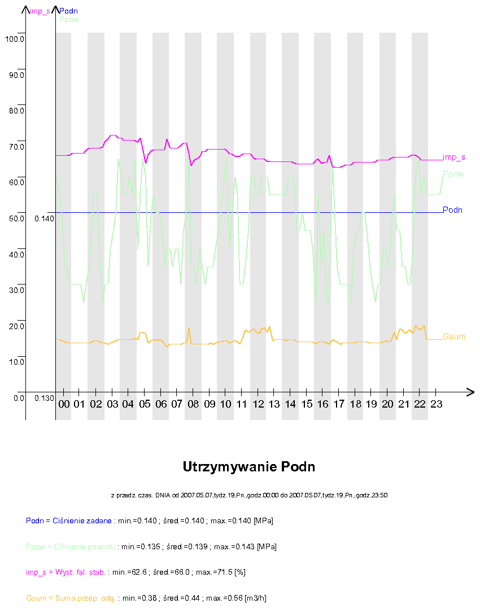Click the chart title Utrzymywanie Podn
click(x=249, y=467)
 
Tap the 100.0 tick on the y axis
click(x=14, y=39)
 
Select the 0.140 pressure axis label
click(x=44, y=218)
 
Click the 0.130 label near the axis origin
click(x=44, y=398)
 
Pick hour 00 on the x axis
click(x=64, y=404)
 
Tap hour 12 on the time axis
click(x=258, y=404)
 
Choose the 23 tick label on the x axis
click(x=437, y=404)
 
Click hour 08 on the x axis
click(x=193, y=404)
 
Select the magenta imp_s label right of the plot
click(x=454, y=157)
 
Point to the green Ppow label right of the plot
click(x=453, y=174)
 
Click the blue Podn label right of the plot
click(x=453, y=210)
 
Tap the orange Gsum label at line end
click(x=454, y=336)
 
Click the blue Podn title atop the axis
click(x=68, y=11)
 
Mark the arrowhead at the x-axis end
click(x=470, y=391)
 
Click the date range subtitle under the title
click(x=249, y=495)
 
